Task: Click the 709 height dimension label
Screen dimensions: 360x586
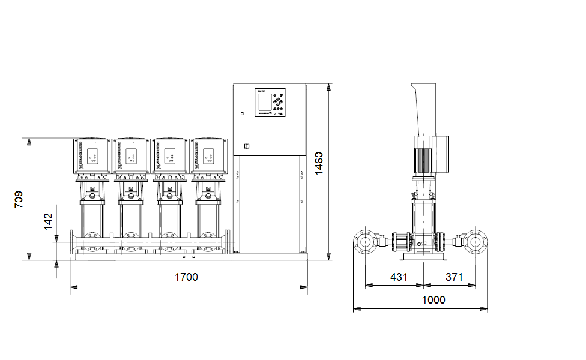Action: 19,199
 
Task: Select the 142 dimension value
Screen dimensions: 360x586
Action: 49,221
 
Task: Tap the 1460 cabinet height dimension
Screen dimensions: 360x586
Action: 319,163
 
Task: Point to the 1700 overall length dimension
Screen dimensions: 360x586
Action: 186,277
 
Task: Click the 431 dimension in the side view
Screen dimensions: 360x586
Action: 399,277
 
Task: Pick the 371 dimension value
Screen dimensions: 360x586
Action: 455,277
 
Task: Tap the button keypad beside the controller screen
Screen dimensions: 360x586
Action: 279,103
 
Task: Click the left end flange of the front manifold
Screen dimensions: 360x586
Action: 72,244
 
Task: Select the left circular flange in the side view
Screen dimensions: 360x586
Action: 365,242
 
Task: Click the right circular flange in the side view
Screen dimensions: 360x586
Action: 476,242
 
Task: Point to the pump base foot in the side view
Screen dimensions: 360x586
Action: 424,257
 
